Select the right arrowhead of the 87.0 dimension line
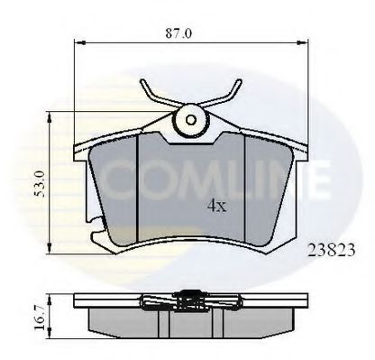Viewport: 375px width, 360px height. click(307, 41)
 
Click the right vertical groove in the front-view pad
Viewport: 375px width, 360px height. click(246, 185)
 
